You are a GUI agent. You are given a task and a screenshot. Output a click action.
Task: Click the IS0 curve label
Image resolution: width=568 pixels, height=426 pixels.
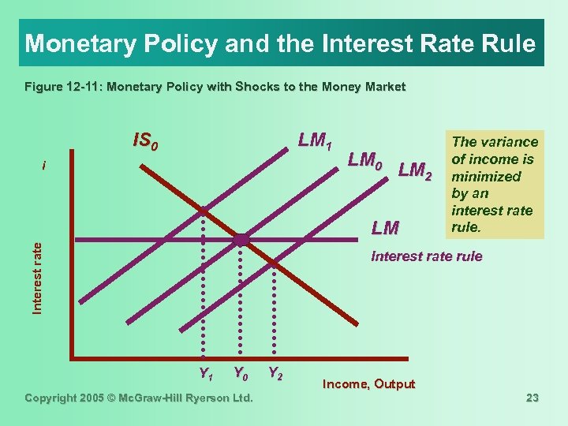tap(148, 141)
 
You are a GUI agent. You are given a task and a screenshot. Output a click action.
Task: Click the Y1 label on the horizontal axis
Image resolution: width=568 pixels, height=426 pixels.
tap(207, 373)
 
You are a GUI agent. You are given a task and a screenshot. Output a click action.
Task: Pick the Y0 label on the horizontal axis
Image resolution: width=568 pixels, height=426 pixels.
tap(241, 373)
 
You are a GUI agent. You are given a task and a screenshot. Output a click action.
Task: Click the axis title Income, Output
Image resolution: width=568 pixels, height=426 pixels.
tap(369, 384)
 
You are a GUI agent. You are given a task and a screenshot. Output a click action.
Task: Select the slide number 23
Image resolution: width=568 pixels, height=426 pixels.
tap(532, 398)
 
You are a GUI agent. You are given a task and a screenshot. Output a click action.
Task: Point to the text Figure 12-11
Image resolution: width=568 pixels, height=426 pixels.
tap(58, 87)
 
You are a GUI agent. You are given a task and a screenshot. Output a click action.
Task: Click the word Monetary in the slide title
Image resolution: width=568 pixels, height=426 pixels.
tap(69, 43)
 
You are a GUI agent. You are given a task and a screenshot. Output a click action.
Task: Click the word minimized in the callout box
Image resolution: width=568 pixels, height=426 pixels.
tap(486, 177)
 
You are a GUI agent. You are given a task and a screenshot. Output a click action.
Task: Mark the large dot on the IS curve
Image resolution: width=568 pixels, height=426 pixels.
tap(241, 239)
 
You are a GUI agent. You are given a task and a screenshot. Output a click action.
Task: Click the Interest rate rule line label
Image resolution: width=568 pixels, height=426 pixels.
tap(426, 256)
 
